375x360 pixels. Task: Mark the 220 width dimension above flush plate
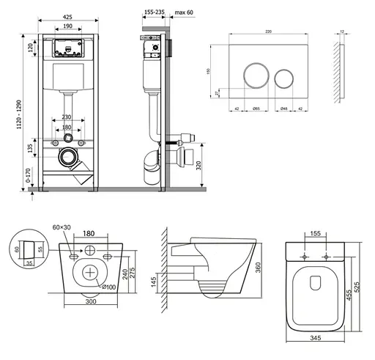(x=269, y=32)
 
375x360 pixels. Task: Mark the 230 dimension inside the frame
(x=68, y=117)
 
